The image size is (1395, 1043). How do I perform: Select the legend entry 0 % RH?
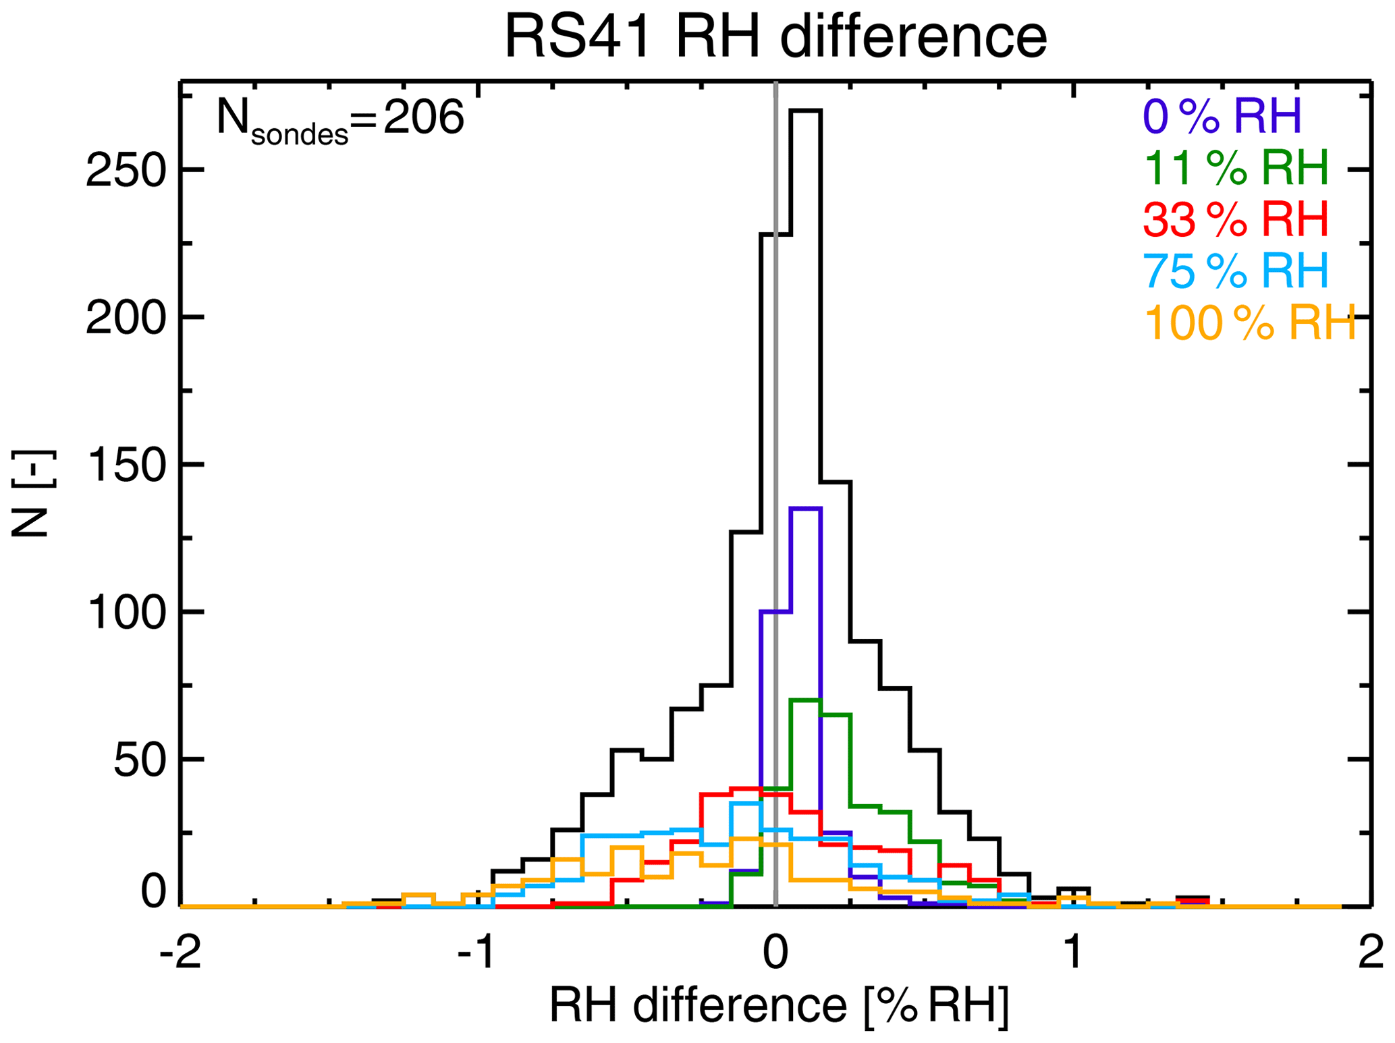pos(1222,116)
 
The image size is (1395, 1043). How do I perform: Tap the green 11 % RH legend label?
pos(1236,167)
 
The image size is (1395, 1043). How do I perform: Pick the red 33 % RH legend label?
pos(1235,219)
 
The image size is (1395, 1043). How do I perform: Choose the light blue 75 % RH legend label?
pos(1235,271)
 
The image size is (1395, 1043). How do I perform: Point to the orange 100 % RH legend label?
pos(1249,323)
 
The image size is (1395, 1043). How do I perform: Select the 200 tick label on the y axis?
pos(126,318)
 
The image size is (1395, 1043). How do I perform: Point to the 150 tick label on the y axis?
pos(126,466)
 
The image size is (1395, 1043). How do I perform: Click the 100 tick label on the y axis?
pos(126,613)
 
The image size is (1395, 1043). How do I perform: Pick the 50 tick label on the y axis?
pos(140,760)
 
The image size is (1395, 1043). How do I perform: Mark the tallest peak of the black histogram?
pos(805,111)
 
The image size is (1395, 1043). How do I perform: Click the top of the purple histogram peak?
pos(805,509)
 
